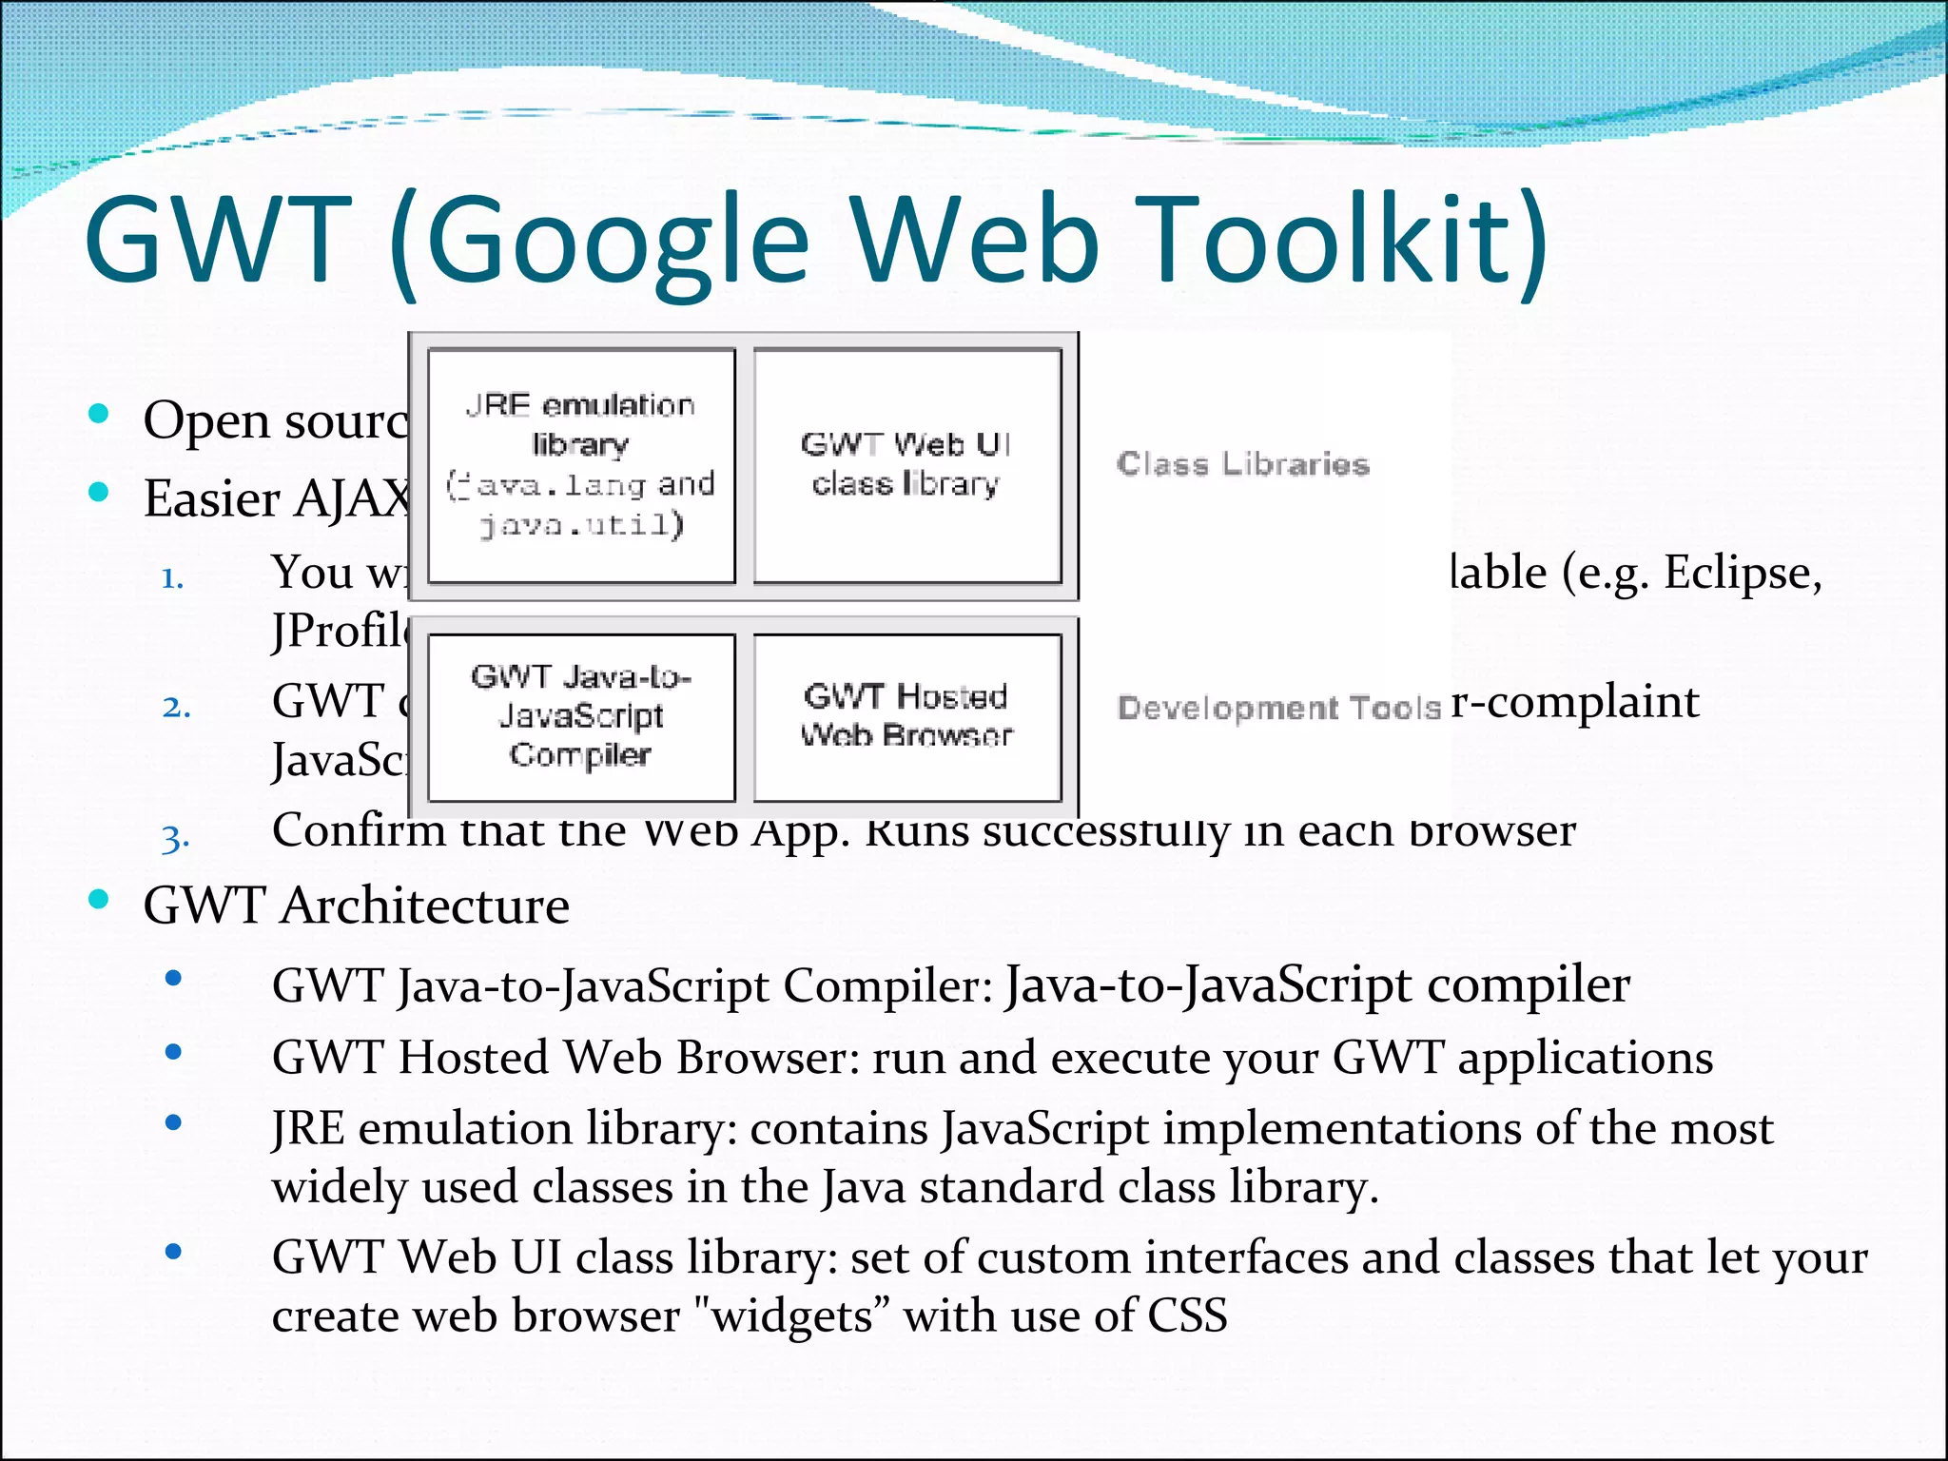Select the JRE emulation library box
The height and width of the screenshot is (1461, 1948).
pos(581,465)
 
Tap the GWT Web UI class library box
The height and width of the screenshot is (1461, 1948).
pos(906,465)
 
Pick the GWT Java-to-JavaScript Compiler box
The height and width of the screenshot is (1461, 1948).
pos(581,717)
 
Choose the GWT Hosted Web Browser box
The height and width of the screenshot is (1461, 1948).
pos(906,717)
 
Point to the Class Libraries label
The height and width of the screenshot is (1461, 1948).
pos(1242,464)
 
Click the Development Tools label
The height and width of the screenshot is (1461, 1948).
pos(1279,708)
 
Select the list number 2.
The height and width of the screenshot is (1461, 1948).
pos(176,707)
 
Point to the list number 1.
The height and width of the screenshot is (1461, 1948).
pos(172,577)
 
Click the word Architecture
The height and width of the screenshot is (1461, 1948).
pos(424,905)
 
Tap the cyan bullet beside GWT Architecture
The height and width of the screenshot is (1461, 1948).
pos(98,899)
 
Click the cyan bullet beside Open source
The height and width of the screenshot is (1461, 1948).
pos(98,414)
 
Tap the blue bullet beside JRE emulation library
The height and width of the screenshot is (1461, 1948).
pos(173,1122)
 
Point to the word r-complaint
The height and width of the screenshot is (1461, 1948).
pos(1575,702)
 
